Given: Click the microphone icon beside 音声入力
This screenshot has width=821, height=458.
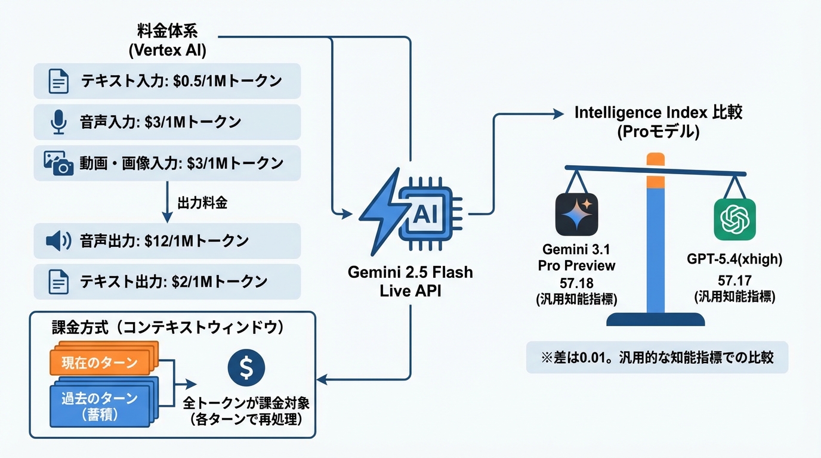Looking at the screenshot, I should coord(58,122).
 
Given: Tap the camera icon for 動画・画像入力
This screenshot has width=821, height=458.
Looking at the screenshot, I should coord(58,163).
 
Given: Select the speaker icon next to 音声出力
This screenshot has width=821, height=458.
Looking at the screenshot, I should coord(58,241).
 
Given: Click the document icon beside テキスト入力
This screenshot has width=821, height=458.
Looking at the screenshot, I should coord(58,82).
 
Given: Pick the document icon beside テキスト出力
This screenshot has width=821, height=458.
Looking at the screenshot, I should coord(58,281).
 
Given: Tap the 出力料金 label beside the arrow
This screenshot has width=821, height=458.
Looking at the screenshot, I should coord(202,203).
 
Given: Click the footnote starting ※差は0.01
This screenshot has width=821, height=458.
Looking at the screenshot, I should coord(656,357).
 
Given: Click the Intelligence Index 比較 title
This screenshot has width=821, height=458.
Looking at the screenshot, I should coord(658,112).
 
